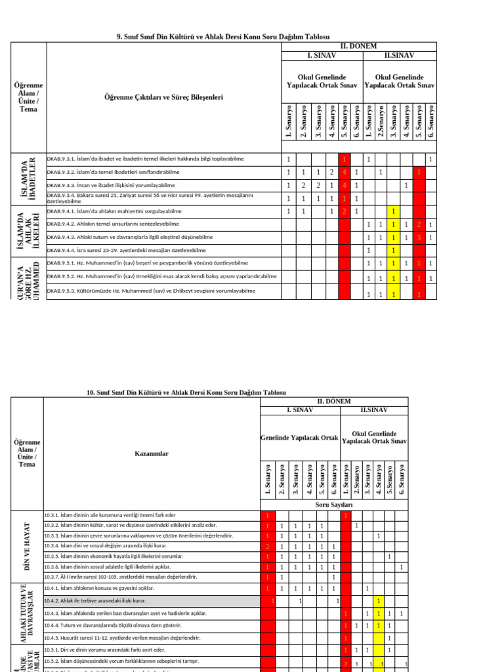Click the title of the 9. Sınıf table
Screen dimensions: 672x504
pos(222,37)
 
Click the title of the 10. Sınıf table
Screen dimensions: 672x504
pos(186,392)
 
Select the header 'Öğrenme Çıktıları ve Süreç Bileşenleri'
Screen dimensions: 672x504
pos(163,97)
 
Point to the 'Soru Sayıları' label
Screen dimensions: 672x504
pos(334,505)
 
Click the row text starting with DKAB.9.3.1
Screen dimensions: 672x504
pos(145,159)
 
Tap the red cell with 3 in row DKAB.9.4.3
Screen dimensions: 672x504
pos(419,237)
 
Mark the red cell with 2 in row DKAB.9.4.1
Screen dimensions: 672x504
pos(343,211)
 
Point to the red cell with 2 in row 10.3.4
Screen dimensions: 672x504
pos(267,546)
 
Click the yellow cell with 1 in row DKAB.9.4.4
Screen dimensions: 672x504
pos(392,250)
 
